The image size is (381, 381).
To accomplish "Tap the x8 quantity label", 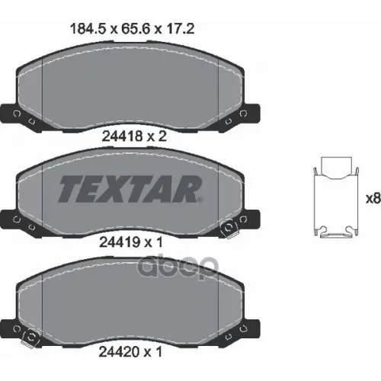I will (x=373, y=199).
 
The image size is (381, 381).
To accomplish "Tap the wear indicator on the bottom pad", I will (x=30, y=336).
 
